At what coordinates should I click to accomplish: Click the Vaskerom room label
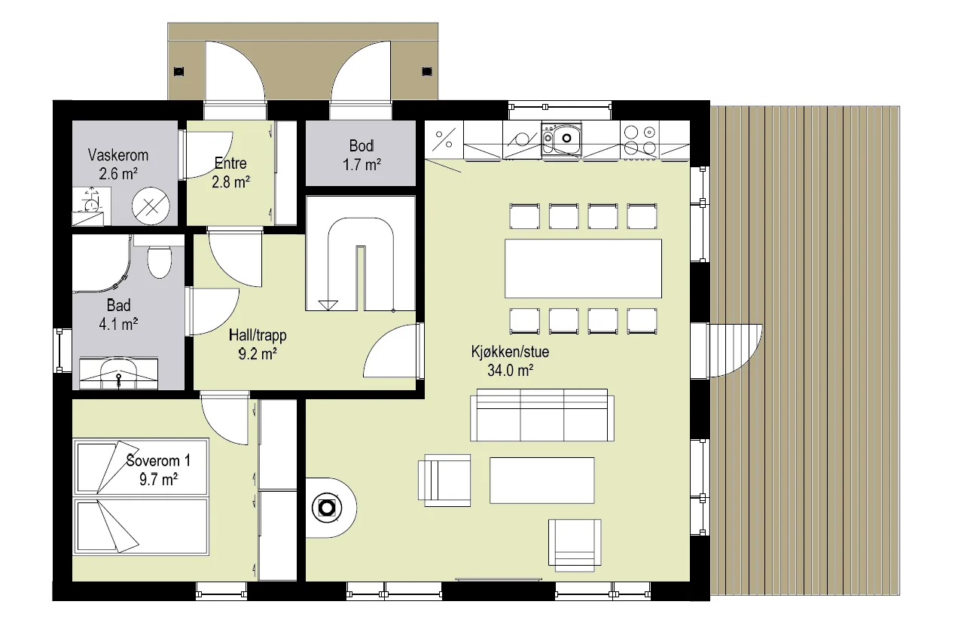pyautogui.click(x=118, y=155)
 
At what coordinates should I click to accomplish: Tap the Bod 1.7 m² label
pyautogui.click(x=362, y=155)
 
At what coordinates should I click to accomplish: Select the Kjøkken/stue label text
pyautogui.click(x=510, y=352)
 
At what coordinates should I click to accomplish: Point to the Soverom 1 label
pyautogui.click(x=158, y=461)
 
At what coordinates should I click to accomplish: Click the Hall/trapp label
pyautogui.click(x=258, y=335)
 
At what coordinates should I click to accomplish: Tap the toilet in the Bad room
pyautogui.click(x=159, y=261)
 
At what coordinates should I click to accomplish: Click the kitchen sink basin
pyautogui.click(x=566, y=138)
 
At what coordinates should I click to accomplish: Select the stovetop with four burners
pyautogui.click(x=639, y=139)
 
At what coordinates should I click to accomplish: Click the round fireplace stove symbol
pyautogui.click(x=327, y=508)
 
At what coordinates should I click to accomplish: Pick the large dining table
pyautogui.click(x=583, y=269)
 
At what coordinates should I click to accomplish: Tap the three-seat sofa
pyautogui.click(x=542, y=415)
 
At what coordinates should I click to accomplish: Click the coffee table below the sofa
pyautogui.click(x=542, y=480)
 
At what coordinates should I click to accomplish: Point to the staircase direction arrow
pyautogui.click(x=328, y=304)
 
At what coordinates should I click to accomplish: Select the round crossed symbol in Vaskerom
pyautogui.click(x=151, y=206)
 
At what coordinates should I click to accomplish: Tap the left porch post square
pyautogui.click(x=179, y=72)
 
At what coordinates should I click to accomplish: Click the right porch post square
pyautogui.click(x=427, y=72)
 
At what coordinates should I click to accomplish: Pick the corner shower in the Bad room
pyautogui.click(x=101, y=263)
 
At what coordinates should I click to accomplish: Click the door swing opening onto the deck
pyautogui.click(x=737, y=350)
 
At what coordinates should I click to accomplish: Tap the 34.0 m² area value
pyautogui.click(x=510, y=371)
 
